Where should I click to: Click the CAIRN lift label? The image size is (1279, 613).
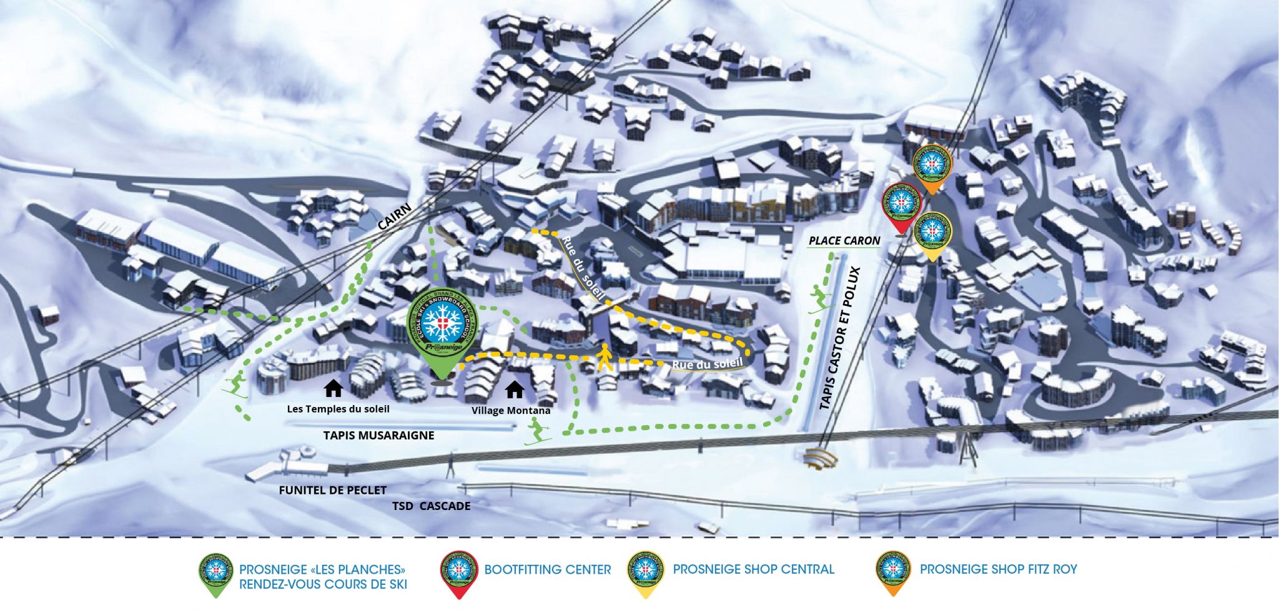[x=395, y=217]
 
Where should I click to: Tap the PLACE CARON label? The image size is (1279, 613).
[x=844, y=241]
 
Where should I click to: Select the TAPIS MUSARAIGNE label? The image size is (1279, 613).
[x=378, y=436]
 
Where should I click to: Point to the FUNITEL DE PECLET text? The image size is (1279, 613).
[x=332, y=491]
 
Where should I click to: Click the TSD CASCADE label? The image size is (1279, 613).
[x=431, y=506]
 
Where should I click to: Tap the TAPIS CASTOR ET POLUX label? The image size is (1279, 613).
[x=840, y=338]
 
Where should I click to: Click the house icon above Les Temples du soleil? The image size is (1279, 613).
[x=333, y=389]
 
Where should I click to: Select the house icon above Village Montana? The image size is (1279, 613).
[x=515, y=390]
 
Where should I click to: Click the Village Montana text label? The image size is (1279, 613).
[x=511, y=411]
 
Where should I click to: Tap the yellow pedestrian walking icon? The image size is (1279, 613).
[x=604, y=358]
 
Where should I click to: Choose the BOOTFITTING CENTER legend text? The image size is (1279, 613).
[x=547, y=570]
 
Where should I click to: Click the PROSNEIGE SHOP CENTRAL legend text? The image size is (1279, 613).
[x=753, y=570]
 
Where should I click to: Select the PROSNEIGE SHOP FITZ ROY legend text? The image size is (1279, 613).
[x=998, y=570]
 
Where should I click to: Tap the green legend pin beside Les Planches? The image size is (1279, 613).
[x=216, y=572]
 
